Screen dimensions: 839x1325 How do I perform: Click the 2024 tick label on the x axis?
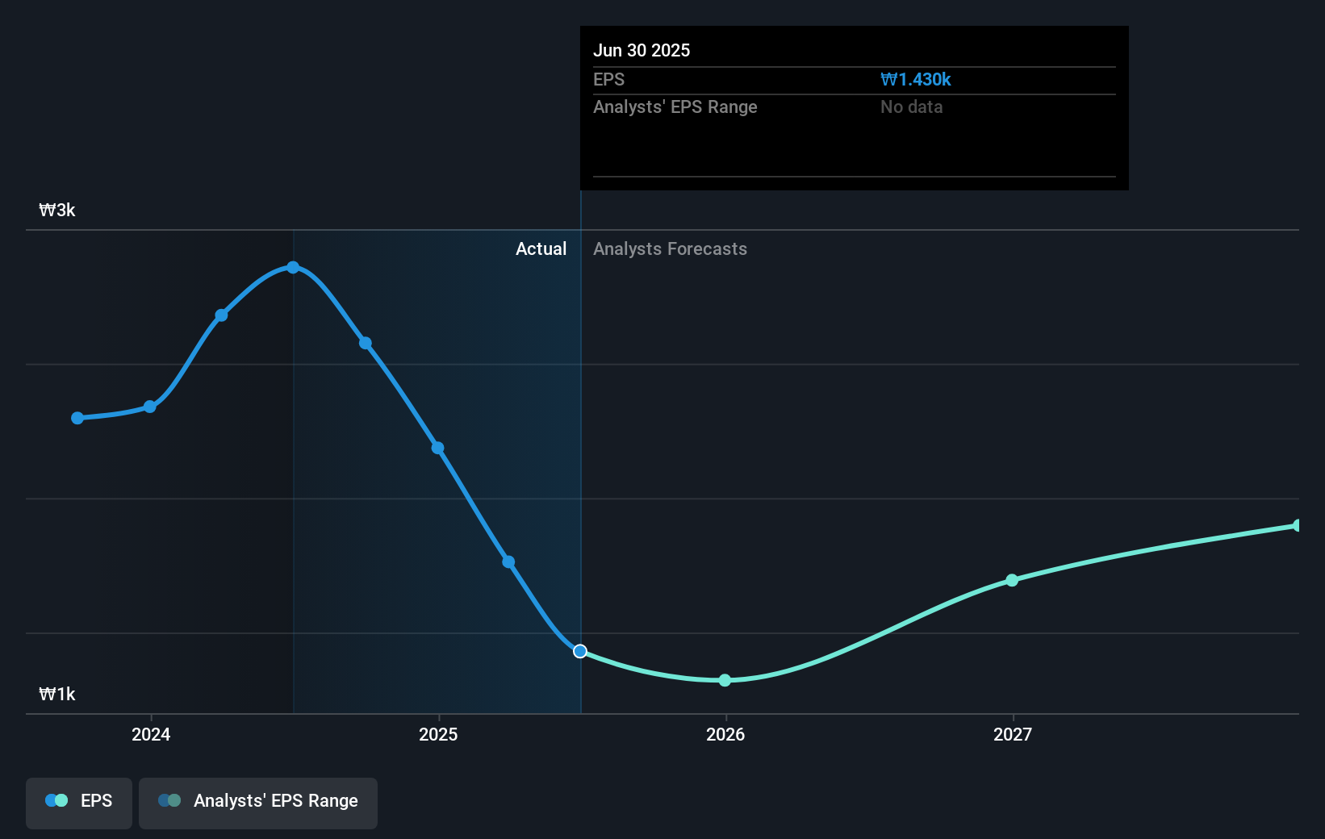pos(151,734)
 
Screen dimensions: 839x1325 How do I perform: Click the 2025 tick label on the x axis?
pos(438,734)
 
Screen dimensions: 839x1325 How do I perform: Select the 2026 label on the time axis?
pos(725,734)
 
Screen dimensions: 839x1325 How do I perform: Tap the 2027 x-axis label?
pos(1013,734)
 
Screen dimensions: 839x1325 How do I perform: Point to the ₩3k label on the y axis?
pos(57,211)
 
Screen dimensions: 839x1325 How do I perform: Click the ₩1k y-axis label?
pos(57,695)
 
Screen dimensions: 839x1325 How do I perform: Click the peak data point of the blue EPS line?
pos(293,267)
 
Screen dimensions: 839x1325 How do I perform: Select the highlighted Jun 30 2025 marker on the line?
pos(580,651)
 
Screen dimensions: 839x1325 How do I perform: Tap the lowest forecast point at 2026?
pos(725,680)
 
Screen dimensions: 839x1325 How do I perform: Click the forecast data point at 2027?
pos(1012,580)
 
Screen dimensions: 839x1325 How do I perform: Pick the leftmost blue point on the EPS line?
pos(77,418)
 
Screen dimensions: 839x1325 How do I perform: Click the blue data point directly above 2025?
pos(437,448)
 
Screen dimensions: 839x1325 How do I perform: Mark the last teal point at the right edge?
pos(1297,526)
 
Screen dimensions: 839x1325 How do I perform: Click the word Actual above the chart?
pos(541,249)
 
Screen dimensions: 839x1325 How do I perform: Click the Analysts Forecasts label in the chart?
pos(670,249)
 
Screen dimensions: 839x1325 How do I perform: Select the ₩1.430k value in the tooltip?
pos(915,80)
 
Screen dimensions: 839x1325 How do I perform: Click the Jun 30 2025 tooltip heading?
pos(642,50)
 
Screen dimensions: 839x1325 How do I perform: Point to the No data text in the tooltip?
pos(911,107)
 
